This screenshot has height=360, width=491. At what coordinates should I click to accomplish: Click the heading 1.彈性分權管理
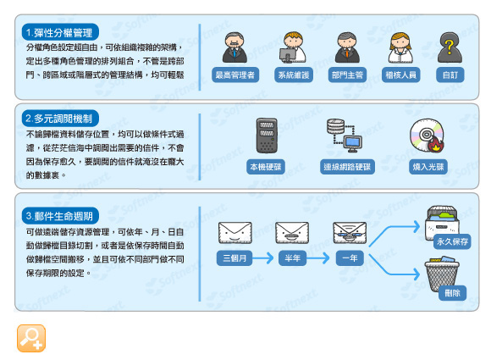click(60, 32)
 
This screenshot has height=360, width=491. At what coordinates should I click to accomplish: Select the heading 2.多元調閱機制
click(60, 119)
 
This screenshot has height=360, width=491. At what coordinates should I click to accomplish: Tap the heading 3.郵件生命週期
click(60, 216)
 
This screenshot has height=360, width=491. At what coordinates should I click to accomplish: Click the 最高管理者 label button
click(235, 75)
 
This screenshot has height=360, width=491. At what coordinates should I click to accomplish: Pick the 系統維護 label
click(294, 75)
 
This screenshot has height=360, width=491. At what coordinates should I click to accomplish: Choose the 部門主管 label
click(347, 75)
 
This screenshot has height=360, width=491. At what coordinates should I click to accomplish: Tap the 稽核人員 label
click(400, 75)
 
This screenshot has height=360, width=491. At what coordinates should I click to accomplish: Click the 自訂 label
click(450, 75)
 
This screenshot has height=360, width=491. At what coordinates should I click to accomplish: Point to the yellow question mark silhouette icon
click(450, 48)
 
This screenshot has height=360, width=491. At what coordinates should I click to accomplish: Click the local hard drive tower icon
click(267, 136)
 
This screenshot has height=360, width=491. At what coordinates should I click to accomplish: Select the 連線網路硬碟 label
click(347, 167)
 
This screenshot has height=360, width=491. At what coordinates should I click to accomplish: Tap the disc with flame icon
click(428, 136)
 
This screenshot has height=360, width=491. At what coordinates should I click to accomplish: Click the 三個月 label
click(234, 258)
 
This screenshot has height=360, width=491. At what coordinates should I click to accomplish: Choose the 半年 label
click(292, 258)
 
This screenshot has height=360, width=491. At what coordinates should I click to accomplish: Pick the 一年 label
click(350, 258)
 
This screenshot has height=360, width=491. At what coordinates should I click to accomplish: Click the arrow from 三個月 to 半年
click(263, 258)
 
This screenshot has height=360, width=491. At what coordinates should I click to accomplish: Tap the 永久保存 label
click(452, 241)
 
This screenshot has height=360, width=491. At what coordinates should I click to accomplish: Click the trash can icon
click(442, 274)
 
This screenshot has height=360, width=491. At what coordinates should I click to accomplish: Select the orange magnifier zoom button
click(31, 338)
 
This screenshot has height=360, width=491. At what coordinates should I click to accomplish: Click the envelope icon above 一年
click(350, 232)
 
